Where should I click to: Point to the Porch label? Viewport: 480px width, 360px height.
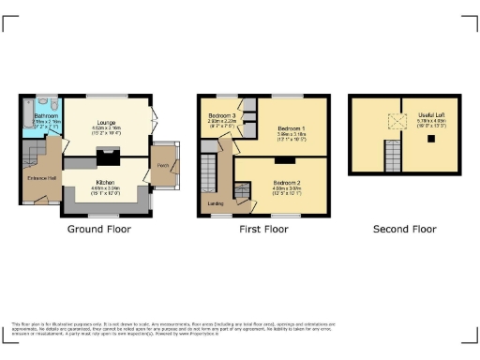click(x=162, y=166)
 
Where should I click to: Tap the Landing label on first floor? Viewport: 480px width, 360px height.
click(x=215, y=202)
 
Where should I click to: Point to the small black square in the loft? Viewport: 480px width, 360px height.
click(x=429, y=138)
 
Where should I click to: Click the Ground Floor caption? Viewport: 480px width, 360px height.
click(x=99, y=229)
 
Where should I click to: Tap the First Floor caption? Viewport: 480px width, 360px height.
click(x=262, y=229)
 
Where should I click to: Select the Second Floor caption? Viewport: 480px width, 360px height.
click(x=404, y=229)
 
